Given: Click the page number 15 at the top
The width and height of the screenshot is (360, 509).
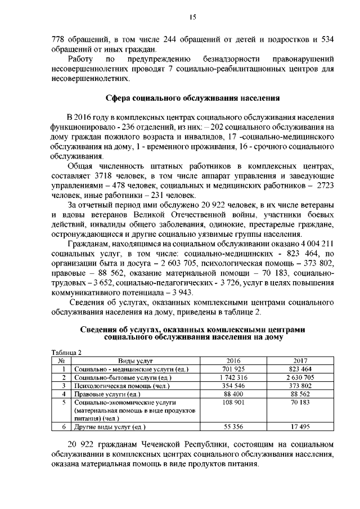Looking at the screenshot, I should (x=192, y=17).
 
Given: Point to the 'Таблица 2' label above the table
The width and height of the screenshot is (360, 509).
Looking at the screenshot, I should (x=66, y=352).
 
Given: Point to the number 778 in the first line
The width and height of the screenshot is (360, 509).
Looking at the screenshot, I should (x=58, y=39).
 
